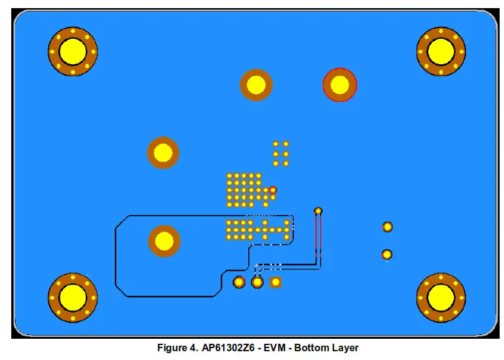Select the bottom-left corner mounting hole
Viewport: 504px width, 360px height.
click(x=73, y=297)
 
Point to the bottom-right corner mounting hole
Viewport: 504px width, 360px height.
click(x=441, y=297)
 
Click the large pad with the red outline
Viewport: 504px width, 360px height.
click(x=340, y=84)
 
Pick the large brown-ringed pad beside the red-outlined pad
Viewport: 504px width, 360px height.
click(x=256, y=84)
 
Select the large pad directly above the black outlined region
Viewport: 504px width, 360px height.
click(x=163, y=152)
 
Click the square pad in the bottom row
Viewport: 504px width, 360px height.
click(x=275, y=282)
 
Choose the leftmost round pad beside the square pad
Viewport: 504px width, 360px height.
click(x=239, y=282)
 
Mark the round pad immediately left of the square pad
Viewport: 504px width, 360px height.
click(x=257, y=282)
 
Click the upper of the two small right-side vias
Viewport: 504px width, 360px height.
click(x=387, y=226)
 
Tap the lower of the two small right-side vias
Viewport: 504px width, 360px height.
click(x=387, y=254)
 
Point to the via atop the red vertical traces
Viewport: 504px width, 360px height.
click(x=318, y=211)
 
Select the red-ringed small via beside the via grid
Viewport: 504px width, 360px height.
click(x=272, y=189)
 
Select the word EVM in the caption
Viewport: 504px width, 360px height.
click(x=278, y=347)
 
